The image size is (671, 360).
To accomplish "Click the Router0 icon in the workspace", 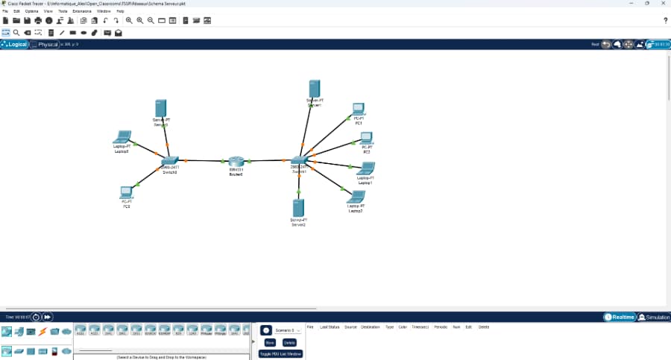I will pyautogui.click(x=236, y=162).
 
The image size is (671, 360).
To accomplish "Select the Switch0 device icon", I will pyautogui.click(x=170, y=160).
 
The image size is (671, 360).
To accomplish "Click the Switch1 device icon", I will pyautogui.click(x=299, y=160).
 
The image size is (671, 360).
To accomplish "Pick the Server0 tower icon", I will pyautogui.click(x=160, y=108).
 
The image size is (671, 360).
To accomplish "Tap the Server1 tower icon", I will pyautogui.click(x=315, y=88).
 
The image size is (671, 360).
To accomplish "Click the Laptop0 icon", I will pyautogui.click(x=122, y=137).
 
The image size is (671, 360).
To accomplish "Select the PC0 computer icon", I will pyautogui.click(x=127, y=192).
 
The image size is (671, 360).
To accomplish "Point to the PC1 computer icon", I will pyautogui.click(x=359, y=110).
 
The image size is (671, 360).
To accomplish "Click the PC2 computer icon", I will pyautogui.click(x=366, y=138).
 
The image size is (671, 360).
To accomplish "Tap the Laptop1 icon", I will pyautogui.click(x=366, y=168).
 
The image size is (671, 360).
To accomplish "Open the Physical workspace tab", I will pyautogui.click(x=45, y=45).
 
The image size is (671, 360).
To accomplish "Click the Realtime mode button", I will pyautogui.click(x=620, y=318).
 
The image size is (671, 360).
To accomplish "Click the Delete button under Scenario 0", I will pyautogui.click(x=289, y=342).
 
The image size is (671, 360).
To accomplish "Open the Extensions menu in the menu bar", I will pyautogui.click(x=82, y=11).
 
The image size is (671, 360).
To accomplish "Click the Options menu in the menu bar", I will pyautogui.click(x=32, y=11).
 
